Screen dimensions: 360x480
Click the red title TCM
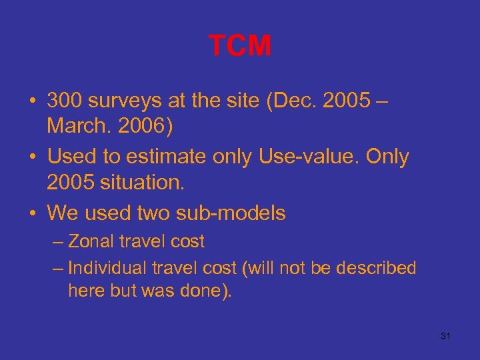pos(240,46)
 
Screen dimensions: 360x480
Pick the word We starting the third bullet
pos(63,213)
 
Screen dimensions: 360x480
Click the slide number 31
pos(446,336)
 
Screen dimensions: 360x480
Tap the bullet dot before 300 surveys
pos(33,101)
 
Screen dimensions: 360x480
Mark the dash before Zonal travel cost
pos(58,241)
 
